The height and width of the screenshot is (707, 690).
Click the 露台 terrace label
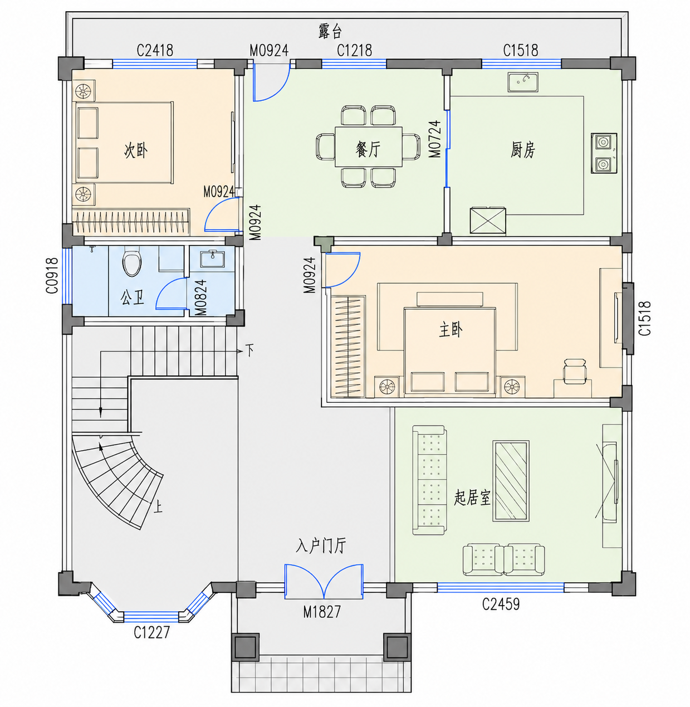pos(330,31)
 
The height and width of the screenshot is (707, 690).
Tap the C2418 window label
pos(155,51)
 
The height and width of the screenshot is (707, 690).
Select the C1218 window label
pos(354,51)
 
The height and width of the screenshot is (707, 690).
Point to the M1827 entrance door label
pos(322,612)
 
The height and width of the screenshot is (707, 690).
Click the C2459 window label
pos(501,604)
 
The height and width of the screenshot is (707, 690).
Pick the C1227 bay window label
pos(152,632)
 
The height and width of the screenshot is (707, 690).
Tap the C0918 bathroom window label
pos(52,275)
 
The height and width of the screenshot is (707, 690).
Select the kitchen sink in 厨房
pos(523,82)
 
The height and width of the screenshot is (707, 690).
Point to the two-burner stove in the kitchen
pos(604,153)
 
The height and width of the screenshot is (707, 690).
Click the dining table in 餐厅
pos(368,147)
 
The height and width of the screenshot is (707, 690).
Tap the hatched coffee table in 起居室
pos(511,481)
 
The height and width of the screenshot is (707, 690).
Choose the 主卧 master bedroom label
pos(451,330)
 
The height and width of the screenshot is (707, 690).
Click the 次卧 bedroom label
pos(136,150)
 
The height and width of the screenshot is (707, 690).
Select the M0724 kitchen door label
pos(435,139)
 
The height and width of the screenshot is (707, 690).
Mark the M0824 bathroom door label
pos(200,298)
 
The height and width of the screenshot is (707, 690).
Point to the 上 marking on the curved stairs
pos(158,506)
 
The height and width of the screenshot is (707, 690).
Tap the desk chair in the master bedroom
pos(575,371)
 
